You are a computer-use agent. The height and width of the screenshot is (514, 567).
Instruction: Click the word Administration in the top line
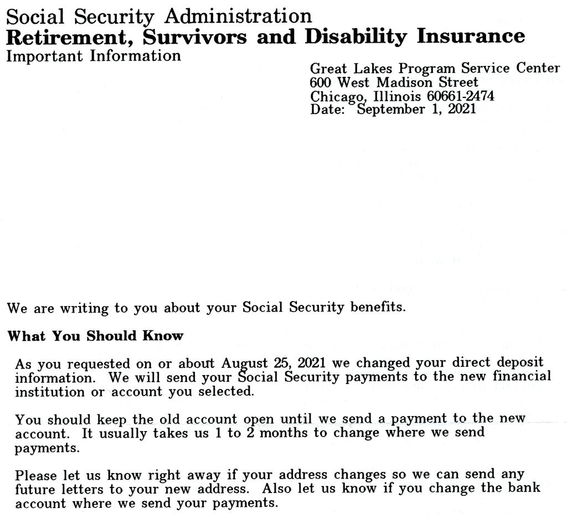point(238,16)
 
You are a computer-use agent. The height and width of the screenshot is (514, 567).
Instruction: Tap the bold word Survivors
point(194,37)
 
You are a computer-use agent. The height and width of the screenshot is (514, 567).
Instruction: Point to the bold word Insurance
point(470,36)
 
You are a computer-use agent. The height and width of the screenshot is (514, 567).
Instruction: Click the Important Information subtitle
point(94,56)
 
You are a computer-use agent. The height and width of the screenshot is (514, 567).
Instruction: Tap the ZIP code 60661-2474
point(461,96)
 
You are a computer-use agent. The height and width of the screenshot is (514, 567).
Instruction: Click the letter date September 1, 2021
point(416,109)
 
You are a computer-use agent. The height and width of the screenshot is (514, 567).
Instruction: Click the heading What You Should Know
point(95,336)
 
